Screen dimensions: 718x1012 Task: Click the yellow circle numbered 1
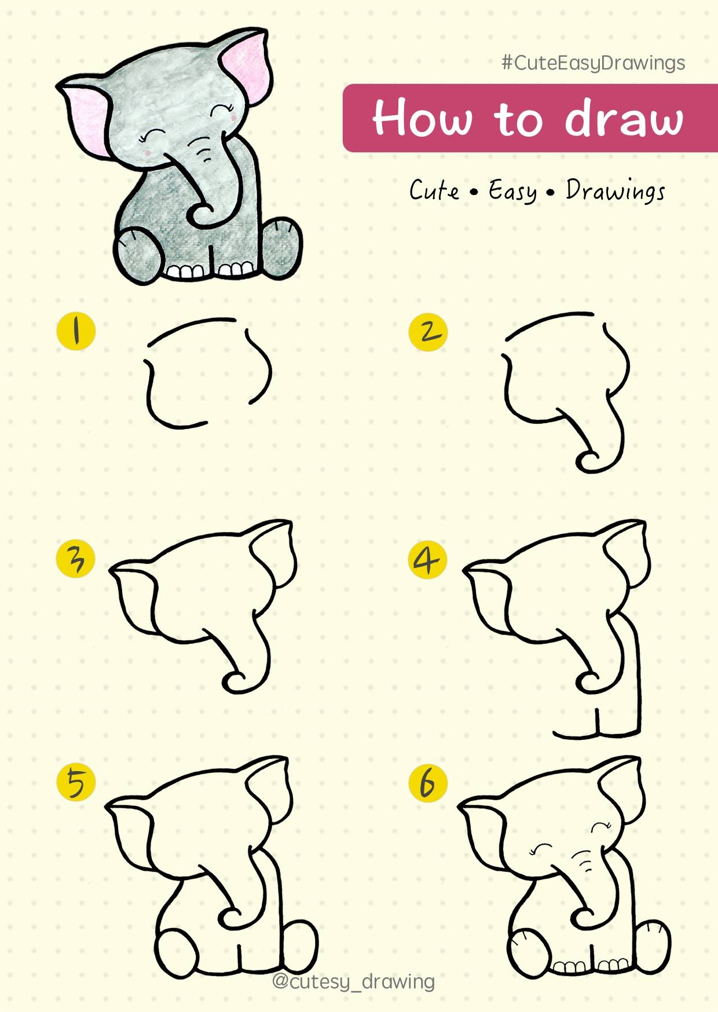click(76, 331)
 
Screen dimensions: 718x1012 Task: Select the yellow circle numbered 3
click(76, 559)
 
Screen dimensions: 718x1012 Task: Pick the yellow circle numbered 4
click(428, 560)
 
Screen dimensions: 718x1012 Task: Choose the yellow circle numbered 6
click(428, 783)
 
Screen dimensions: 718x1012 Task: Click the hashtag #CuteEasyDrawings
click(594, 63)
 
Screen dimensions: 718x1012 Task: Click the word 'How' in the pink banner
click(422, 118)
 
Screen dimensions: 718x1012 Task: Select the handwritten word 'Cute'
click(434, 190)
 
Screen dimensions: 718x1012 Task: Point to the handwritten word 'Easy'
click(512, 191)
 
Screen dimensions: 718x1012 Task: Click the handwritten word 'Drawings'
click(616, 190)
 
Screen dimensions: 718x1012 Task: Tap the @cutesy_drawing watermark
click(353, 981)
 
